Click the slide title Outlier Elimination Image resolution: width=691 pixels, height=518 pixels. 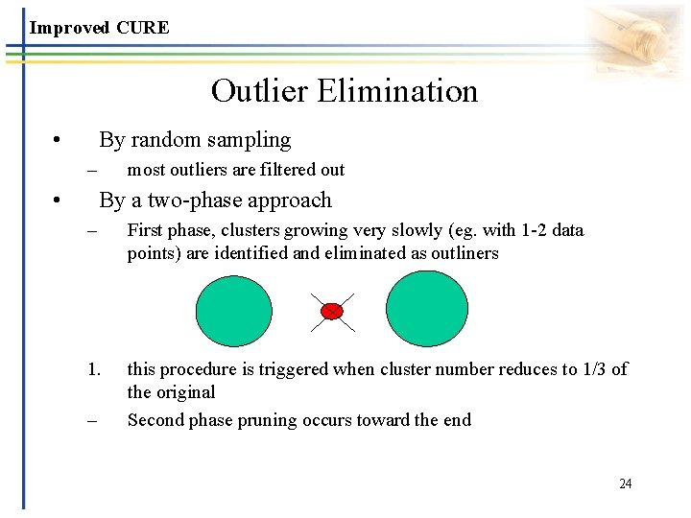pyautogui.click(x=344, y=91)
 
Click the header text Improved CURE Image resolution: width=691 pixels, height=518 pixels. pyautogui.click(x=99, y=28)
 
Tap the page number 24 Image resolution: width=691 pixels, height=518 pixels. pyautogui.click(x=625, y=483)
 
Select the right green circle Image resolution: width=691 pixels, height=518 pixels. pyautogui.click(x=427, y=309)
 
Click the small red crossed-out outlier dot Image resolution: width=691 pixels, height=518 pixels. pyautogui.click(x=332, y=311)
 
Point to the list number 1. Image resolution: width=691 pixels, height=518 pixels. pyautogui.click(x=92, y=369)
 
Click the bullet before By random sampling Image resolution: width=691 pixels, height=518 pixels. pyautogui.click(x=59, y=141)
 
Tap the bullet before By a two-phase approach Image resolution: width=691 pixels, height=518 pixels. pyautogui.click(x=59, y=201)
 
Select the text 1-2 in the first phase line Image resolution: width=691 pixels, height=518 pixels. pyautogui.click(x=522, y=230)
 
